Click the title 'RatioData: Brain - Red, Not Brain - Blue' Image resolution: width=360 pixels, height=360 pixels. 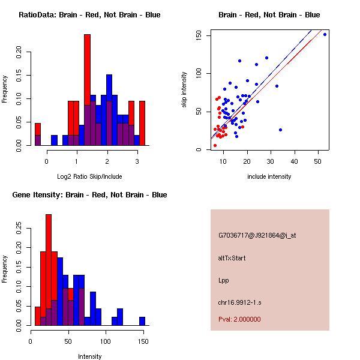pyautogui.click(x=89, y=14)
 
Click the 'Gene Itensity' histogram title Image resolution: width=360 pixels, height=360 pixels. pyautogui.click(x=90, y=195)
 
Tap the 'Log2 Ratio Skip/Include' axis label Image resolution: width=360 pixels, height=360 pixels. pyautogui.click(x=89, y=176)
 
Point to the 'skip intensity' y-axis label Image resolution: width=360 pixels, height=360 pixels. pyautogui.click(x=185, y=90)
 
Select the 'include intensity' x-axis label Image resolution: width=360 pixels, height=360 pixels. pyautogui.click(x=270, y=176)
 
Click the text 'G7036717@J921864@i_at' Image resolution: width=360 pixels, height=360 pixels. pyautogui.click(x=257, y=235)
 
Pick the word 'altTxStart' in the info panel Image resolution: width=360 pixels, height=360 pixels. pyautogui.click(x=232, y=258)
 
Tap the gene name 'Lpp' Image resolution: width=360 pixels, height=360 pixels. pyautogui.click(x=224, y=280)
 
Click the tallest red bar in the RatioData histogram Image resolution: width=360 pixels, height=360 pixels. pyautogui.click(x=87, y=90)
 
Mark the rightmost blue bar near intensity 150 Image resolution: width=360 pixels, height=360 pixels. pyautogui.click(x=142, y=321)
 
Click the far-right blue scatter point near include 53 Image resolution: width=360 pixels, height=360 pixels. pyautogui.click(x=325, y=34)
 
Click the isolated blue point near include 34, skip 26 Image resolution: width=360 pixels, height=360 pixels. pyautogui.click(x=280, y=130)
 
